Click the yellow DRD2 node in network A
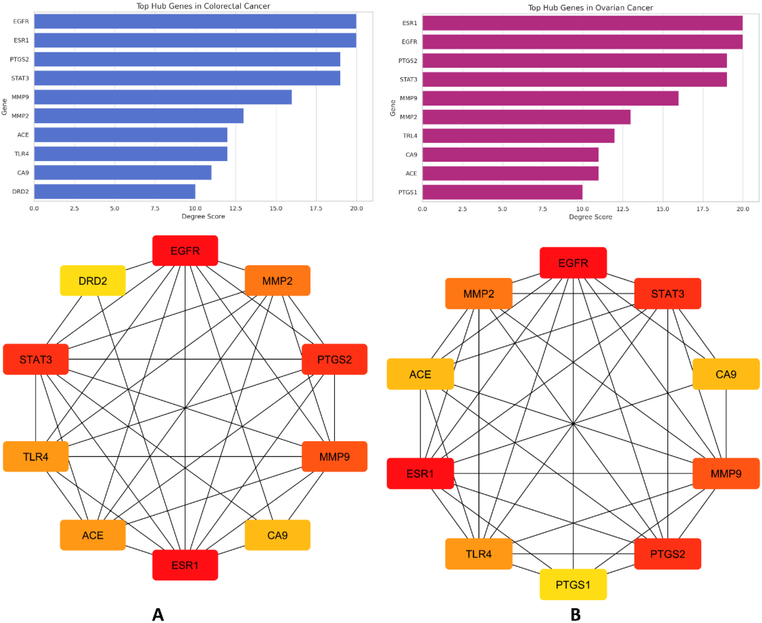click(93, 281)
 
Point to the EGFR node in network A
click(185, 251)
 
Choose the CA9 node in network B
click(726, 374)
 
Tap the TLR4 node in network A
click(36, 456)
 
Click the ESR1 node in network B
click(420, 474)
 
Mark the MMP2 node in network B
click(479, 294)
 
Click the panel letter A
click(158, 614)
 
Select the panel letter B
click(575, 614)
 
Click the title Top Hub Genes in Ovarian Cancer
click(590, 8)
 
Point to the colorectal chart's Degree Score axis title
click(203, 216)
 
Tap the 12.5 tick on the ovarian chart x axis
click(622, 209)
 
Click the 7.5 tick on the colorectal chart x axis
click(155, 208)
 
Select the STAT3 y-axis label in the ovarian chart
click(408, 79)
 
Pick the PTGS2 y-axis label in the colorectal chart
click(19, 59)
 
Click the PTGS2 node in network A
click(334, 359)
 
